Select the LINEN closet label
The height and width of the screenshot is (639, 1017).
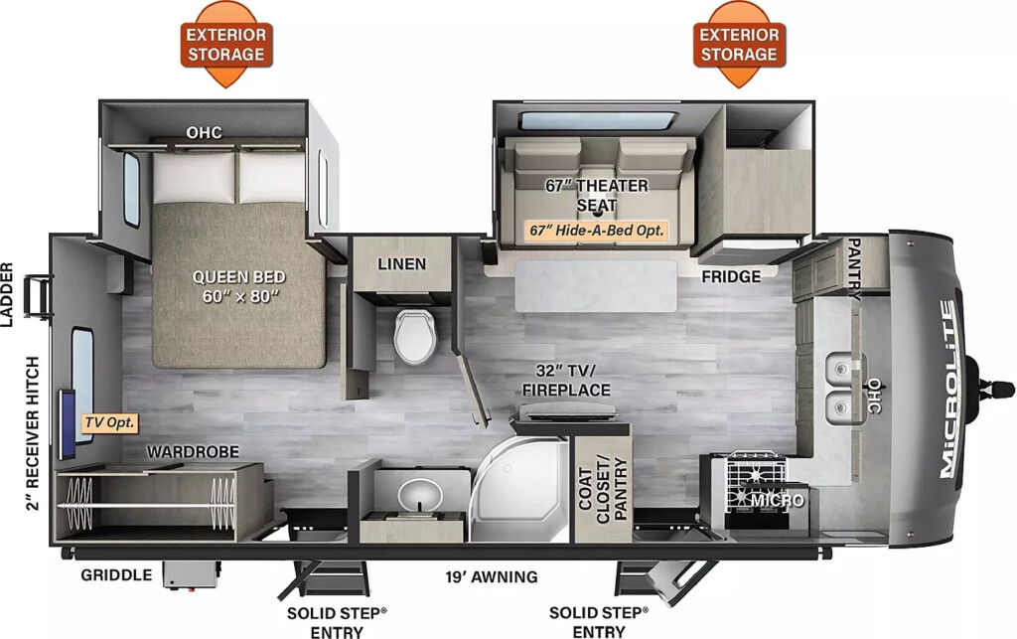point(402,264)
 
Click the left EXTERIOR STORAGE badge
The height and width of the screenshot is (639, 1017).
point(225,44)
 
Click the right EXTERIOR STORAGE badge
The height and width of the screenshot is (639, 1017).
point(739,44)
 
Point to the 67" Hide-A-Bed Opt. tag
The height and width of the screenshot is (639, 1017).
point(597,231)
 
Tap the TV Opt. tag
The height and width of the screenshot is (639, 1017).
point(109,423)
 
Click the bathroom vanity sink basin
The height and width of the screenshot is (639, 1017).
point(420,497)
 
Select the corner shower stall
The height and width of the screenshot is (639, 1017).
point(522,488)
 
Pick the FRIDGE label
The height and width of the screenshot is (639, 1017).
point(731,277)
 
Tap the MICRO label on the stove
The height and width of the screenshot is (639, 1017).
point(778,501)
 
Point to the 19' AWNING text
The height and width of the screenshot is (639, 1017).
point(491,576)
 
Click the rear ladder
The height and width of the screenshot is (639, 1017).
point(38,297)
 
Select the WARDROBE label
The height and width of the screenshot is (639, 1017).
point(193,451)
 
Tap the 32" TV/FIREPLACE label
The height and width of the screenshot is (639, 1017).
point(566,381)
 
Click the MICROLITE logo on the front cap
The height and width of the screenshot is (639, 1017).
point(948,390)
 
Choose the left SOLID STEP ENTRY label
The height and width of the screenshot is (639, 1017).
point(337,622)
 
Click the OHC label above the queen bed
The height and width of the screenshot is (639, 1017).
point(205,132)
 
